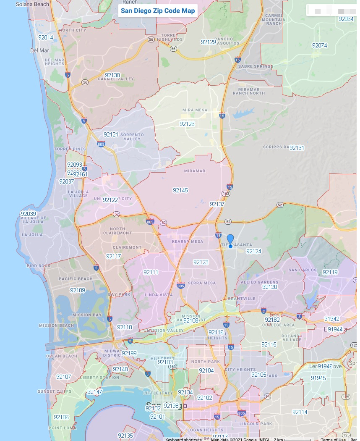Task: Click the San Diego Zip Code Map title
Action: point(158,11)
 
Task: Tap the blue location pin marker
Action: point(230,241)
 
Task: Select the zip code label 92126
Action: point(187,124)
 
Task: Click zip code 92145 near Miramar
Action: point(180,190)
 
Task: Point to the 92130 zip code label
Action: point(112,75)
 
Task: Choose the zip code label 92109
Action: point(78,290)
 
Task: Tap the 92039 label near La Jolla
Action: point(28,213)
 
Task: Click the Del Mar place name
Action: point(39,50)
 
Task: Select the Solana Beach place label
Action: point(32,4)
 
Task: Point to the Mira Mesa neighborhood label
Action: point(195,110)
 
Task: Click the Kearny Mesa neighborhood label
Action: point(188,241)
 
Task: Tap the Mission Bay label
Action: point(87,315)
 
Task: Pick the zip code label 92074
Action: point(319,45)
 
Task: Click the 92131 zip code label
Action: point(297,148)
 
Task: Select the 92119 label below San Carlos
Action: point(330,272)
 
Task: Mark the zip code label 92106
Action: point(61,417)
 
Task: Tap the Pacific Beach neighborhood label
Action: point(76,279)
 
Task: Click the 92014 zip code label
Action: point(45,37)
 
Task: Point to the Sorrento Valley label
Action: point(132,137)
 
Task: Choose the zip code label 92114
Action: point(300,412)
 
